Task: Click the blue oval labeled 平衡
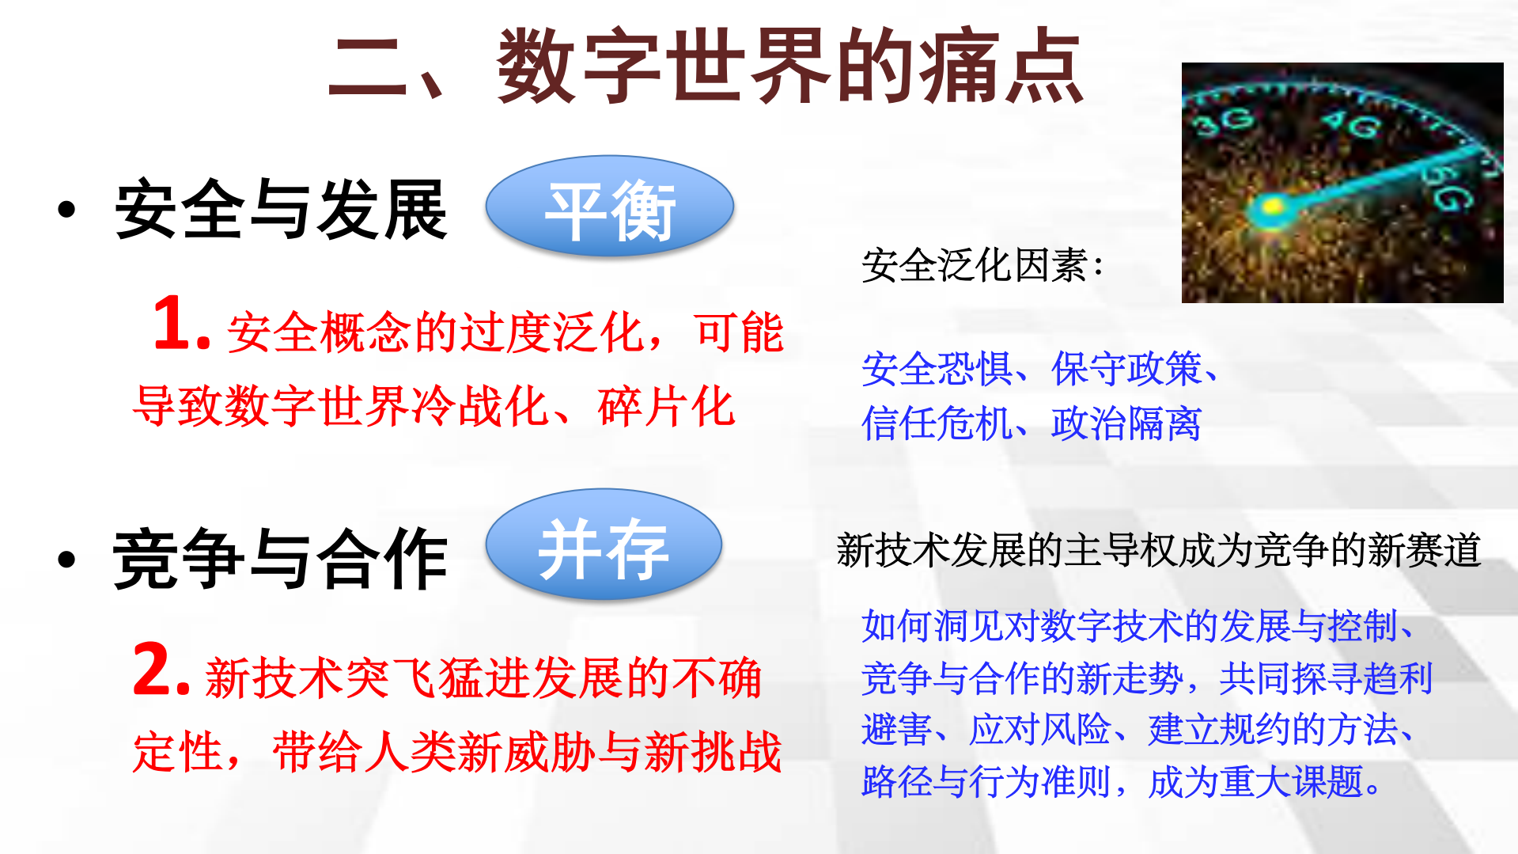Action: tap(609, 207)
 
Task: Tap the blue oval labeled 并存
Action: tap(604, 545)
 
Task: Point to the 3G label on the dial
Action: tap(1225, 121)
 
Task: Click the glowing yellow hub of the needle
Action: tap(1271, 208)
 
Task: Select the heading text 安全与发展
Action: tap(281, 210)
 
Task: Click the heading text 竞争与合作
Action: tap(281, 560)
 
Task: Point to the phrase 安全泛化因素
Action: tap(974, 265)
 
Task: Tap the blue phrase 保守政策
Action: tap(1126, 370)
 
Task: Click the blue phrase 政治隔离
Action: tap(1126, 423)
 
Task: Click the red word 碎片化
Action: tap(666, 408)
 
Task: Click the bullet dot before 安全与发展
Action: tap(66, 210)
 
